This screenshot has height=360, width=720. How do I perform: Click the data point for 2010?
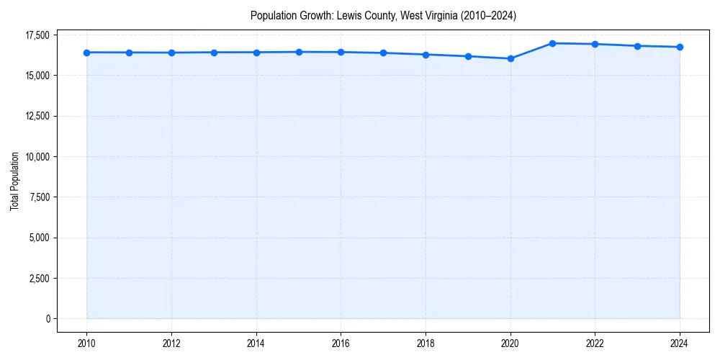[x=86, y=53]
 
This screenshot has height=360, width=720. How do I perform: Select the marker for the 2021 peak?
[x=552, y=43]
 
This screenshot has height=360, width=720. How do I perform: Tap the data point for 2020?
[x=510, y=58]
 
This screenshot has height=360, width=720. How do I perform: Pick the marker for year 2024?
[x=680, y=47]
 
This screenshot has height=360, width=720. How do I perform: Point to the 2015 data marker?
[x=299, y=52]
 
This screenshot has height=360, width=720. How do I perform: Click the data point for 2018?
[x=426, y=55]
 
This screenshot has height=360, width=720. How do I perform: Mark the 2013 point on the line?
[x=214, y=53]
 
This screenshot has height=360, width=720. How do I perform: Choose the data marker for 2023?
[x=637, y=46]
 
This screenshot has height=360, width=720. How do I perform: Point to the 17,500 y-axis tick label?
[x=37, y=35]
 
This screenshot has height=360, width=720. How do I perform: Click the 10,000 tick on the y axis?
[x=37, y=157]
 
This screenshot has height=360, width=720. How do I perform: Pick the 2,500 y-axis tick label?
[x=40, y=279]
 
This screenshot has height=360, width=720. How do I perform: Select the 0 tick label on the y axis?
[x=48, y=319]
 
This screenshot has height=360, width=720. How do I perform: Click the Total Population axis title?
[x=14, y=181]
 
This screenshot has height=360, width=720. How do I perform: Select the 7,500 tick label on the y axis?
[x=40, y=197]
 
